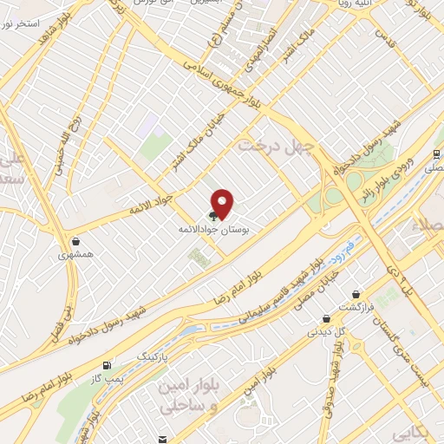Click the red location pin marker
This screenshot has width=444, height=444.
tap(223, 203)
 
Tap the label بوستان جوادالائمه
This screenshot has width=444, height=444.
tap(213, 227)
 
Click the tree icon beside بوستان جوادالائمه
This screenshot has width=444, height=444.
tap(212, 214)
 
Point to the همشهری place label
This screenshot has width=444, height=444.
tap(74, 255)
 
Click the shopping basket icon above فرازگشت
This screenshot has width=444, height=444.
tap(355, 294)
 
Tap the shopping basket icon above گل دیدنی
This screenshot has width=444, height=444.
tap(325, 318)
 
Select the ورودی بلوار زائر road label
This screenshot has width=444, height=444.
tap(384, 179)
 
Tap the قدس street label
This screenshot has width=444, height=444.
tap(378, 35)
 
